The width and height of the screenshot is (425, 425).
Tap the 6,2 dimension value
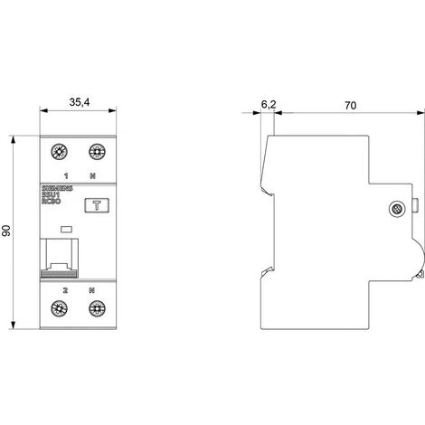coord(269,105)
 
